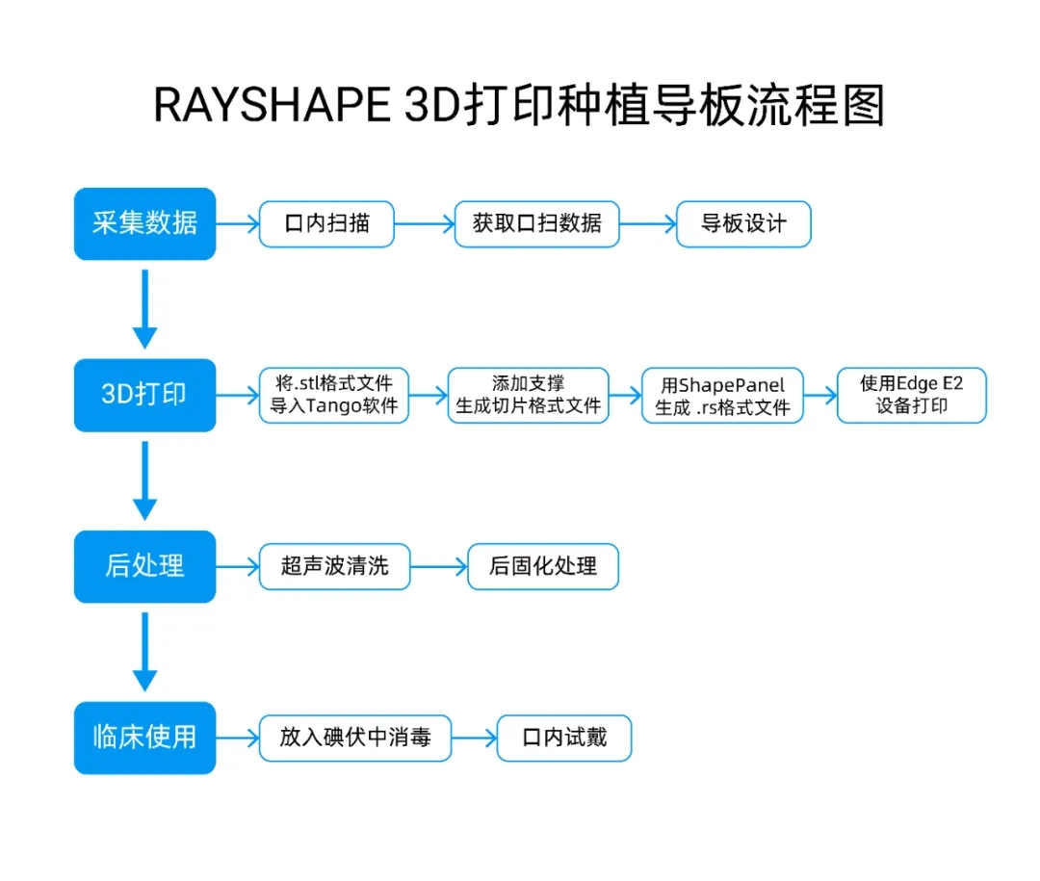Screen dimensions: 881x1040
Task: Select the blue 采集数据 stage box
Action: (x=144, y=223)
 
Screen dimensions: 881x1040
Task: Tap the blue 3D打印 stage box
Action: (x=144, y=395)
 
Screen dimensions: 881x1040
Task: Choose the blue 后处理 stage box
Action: (x=144, y=566)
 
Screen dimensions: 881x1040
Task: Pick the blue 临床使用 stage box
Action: (x=144, y=738)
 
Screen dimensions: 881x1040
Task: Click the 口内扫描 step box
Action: (x=327, y=224)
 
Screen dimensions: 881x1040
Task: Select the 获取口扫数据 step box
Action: (x=536, y=224)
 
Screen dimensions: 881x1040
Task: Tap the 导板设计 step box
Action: (x=743, y=224)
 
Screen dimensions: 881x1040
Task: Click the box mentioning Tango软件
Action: (x=334, y=395)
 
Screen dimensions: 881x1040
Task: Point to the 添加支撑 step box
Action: (x=529, y=395)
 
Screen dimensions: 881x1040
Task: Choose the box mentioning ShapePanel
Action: (x=722, y=396)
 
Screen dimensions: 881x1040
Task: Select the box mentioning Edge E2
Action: (x=911, y=395)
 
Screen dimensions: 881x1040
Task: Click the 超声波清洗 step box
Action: (x=334, y=566)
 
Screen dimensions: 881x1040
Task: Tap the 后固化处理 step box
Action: (x=542, y=566)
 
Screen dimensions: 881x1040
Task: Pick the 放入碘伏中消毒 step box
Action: (x=355, y=738)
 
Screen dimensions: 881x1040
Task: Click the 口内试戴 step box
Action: (x=564, y=738)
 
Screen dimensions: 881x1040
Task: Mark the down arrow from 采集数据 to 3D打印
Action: (x=144, y=308)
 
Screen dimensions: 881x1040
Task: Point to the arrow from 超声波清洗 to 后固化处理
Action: (x=438, y=566)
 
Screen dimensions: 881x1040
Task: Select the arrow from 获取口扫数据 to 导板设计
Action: (x=648, y=224)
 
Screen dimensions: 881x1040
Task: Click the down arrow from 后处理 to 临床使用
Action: (x=144, y=651)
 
